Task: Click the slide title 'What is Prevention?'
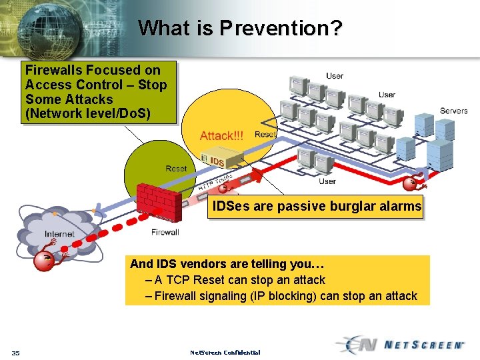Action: [240, 28]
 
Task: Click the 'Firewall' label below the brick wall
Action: [165, 232]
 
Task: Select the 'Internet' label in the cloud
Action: [59, 234]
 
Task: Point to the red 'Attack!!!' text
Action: [222, 136]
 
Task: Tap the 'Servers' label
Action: [453, 111]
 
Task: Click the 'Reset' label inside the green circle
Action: [176, 169]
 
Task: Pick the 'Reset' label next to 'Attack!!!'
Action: [265, 135]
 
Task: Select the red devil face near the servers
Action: [413, 183]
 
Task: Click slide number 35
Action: [15, 352]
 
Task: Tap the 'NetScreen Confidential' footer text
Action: [225, 352]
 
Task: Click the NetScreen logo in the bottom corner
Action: [400, 345]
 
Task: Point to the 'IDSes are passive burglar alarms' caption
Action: [317, 207]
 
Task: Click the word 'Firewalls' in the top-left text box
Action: [53, 70]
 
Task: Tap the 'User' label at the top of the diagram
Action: [335, 76]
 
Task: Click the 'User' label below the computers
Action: [327, 181]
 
